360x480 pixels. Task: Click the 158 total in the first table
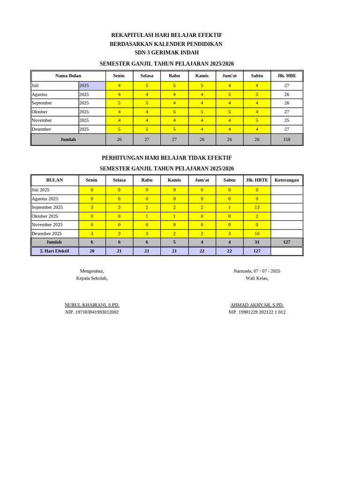pos(286,140)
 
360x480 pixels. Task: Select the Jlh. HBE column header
pos(286,75)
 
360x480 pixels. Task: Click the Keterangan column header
pos(286,180)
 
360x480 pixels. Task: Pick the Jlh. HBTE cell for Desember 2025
pos(257,233)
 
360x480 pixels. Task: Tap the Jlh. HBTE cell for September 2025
pos(257,207)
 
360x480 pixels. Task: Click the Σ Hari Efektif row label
pos(54,251)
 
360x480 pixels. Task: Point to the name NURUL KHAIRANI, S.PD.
pos(92,305)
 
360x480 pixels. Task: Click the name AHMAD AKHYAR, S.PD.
pos(257,305)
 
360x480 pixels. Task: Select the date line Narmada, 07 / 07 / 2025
pos(257,271)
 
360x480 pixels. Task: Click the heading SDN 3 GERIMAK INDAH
pos(166,52)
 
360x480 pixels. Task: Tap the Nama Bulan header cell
pos(68,75)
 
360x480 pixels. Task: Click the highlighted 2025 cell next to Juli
pos(91,85)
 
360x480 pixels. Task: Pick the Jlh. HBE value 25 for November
pos(286,120)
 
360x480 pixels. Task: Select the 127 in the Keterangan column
pos(286,242)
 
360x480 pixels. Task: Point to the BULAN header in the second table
pos(54,180)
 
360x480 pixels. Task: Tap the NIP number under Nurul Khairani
pos(92,312)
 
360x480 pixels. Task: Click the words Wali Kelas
pos(257,278)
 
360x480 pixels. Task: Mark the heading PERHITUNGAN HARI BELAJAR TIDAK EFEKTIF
pos(166,158)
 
